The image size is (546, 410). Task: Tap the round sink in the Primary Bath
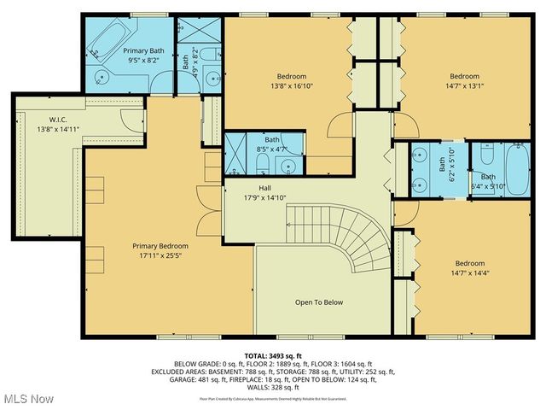[x=102, y=80]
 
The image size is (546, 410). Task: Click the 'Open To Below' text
[x=318, y=302]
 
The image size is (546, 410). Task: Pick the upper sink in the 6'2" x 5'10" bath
[x=419, y=156]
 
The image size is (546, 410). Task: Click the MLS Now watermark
[x=27, y=398]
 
